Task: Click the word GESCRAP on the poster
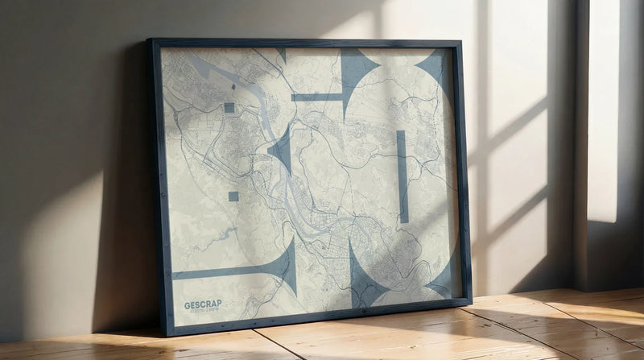(203, 304)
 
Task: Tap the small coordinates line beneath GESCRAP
(203, 312)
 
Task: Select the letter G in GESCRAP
(188, 304)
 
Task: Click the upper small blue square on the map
(229, 107)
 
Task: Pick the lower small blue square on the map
(233, 196)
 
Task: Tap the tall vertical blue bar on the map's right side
(402, 176)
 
